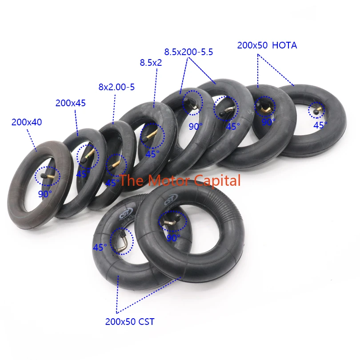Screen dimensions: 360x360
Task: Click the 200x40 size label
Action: coord(27,122)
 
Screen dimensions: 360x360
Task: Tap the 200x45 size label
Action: coord(70,103)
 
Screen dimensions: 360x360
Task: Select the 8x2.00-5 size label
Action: coord(116,87)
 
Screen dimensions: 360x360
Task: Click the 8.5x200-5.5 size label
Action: coord(188,52)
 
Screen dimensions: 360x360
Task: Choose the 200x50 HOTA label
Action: coord(267,45)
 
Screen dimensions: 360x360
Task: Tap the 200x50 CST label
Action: coord(130,321)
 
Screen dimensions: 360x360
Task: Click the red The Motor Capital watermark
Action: coord(180,180)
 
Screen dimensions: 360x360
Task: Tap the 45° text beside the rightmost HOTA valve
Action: coord(320,125)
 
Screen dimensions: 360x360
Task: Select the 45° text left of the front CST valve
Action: coord(100,247)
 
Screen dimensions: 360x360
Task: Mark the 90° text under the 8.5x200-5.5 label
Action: coord(195,126)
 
